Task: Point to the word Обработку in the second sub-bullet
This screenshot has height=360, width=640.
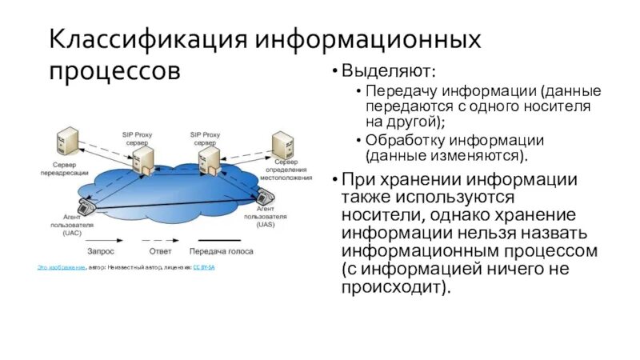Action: (404, 139)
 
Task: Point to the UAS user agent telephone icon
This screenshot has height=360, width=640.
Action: (263, 195)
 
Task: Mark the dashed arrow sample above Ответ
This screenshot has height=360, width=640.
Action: (161, 239)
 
